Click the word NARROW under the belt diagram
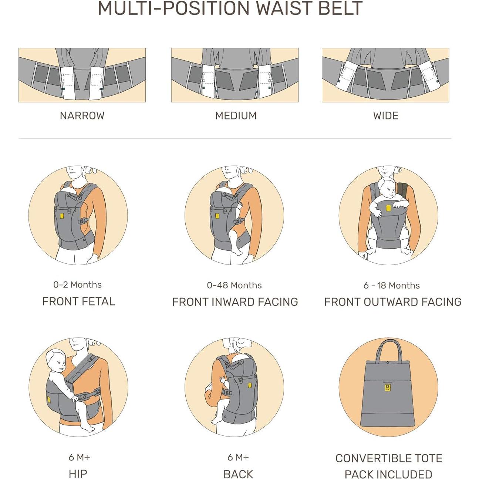(82, 115)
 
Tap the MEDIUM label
(236, 115)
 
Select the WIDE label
(386, 115)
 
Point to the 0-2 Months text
(78, 284)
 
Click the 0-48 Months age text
(235, 285)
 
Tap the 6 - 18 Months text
(391, 285)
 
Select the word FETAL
(98, 301)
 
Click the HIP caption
(78, 474)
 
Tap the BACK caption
(238, 474)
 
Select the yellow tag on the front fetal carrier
(62, 216)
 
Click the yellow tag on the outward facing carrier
(388, 208)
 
